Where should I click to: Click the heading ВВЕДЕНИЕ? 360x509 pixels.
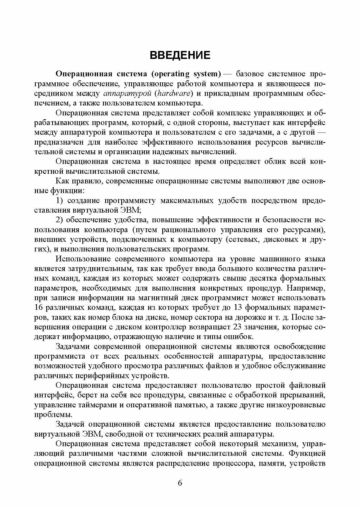point(180,55)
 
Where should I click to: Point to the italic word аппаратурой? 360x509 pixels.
point(127,94)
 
